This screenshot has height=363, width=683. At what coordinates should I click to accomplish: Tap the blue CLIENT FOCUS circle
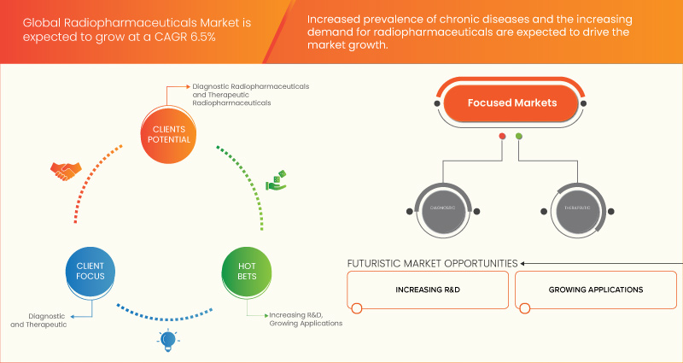coord(84,272)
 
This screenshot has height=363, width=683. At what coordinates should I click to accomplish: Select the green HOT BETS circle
coord(246,272)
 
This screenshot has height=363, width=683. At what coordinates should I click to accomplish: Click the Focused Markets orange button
coord(512,103)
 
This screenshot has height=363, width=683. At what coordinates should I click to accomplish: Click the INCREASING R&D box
coord(429,290)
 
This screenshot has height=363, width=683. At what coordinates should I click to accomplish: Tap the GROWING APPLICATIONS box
coord(597,290)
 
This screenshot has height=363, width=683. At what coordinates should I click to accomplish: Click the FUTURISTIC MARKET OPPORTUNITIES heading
coord(432,263)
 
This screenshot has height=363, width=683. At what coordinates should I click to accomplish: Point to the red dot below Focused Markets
coord(502,137)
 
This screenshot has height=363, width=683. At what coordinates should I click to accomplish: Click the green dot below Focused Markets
coord(519,137)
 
